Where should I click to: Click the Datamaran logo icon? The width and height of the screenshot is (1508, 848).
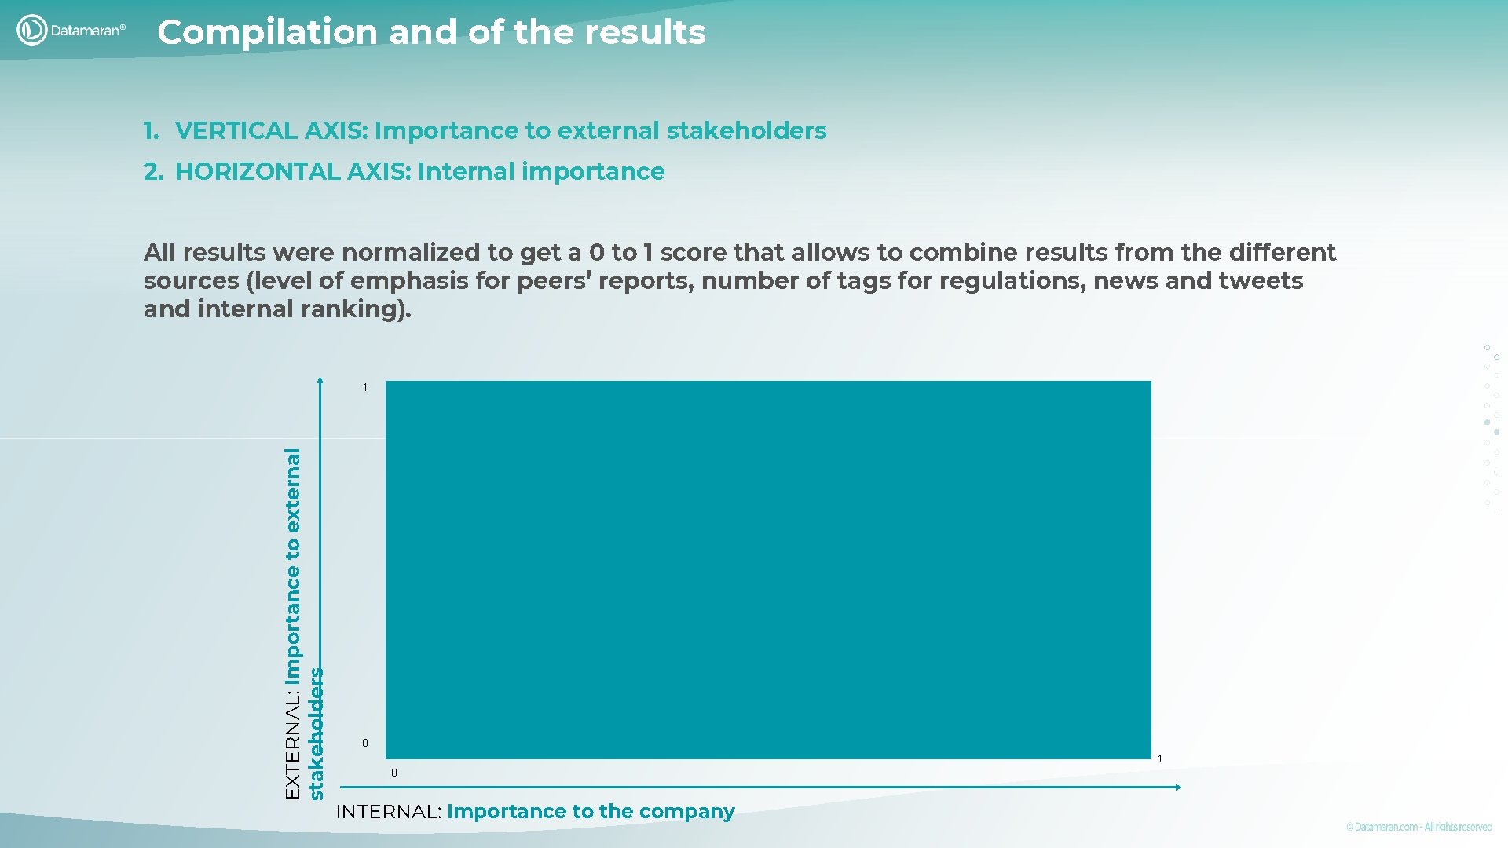31,30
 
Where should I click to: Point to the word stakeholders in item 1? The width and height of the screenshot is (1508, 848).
746,130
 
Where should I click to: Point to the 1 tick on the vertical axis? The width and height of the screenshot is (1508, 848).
365,387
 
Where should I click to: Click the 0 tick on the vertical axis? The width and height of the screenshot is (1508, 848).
365,743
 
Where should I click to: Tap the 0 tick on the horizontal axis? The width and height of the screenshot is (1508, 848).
394,773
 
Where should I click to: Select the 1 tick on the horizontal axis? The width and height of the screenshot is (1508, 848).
1159,758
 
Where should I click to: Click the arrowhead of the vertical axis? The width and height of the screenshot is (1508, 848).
320,381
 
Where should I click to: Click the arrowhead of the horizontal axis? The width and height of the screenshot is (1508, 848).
1177,787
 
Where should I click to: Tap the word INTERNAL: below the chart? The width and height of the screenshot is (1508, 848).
388,812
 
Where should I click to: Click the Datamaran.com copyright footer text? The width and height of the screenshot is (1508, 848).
1418,827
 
